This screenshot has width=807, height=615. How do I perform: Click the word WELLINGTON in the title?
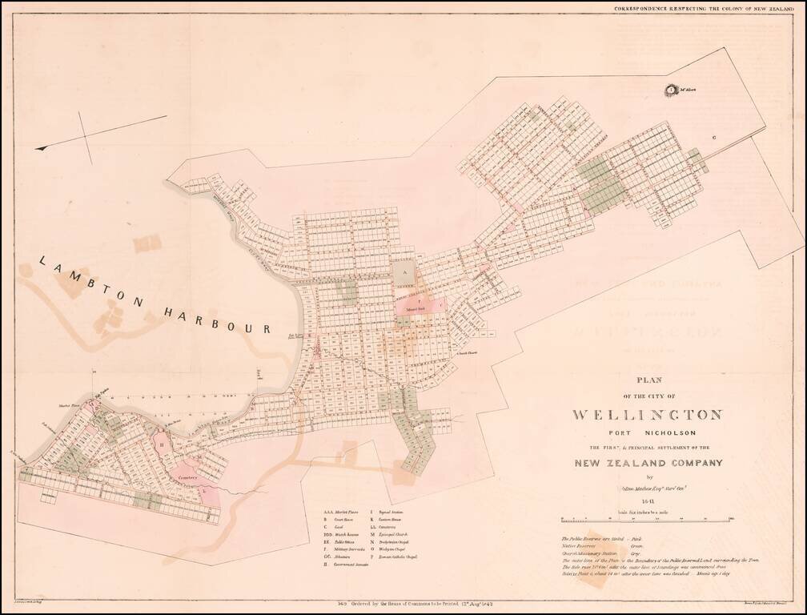click(x=648, y=415)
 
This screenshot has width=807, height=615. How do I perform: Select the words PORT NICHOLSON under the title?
click(x=648, y=433)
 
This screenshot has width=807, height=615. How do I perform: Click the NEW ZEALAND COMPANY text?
click(x=648, y=463)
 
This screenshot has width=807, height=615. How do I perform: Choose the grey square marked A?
click(x=405, y=273)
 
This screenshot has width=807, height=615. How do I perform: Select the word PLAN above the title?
click(x=648, y=381)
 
